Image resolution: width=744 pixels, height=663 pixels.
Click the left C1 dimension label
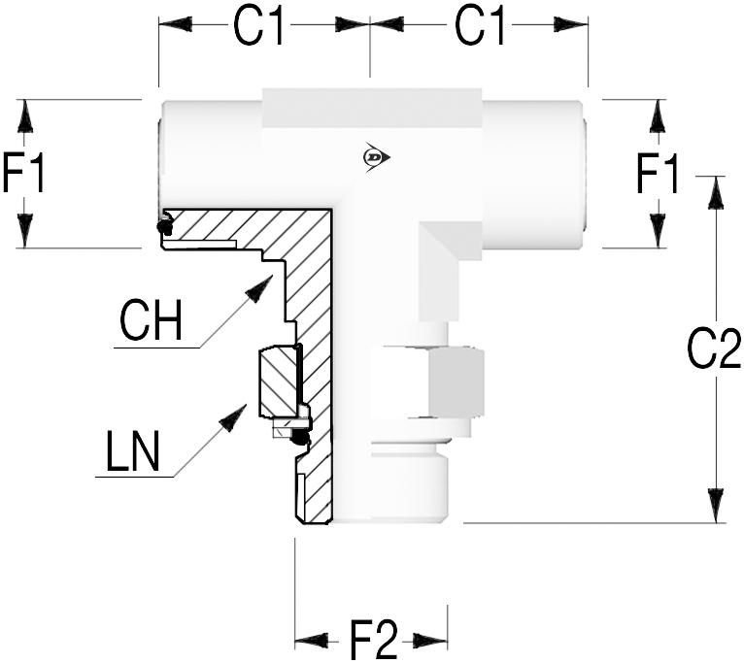pyautogui.click(x=260, y=29)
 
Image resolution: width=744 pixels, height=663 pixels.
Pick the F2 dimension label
pyautogui.click(x=374, y=641)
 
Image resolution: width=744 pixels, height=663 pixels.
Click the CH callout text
pyautogui.click(x=151, y=321)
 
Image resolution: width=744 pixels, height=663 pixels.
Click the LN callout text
pyautogui.click(x=134, y=452)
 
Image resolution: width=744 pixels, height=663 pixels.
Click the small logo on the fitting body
pyautogui.click(x=373, y=156)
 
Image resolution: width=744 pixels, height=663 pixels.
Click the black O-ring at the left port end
pyautogui.click(x=164, y=227)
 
